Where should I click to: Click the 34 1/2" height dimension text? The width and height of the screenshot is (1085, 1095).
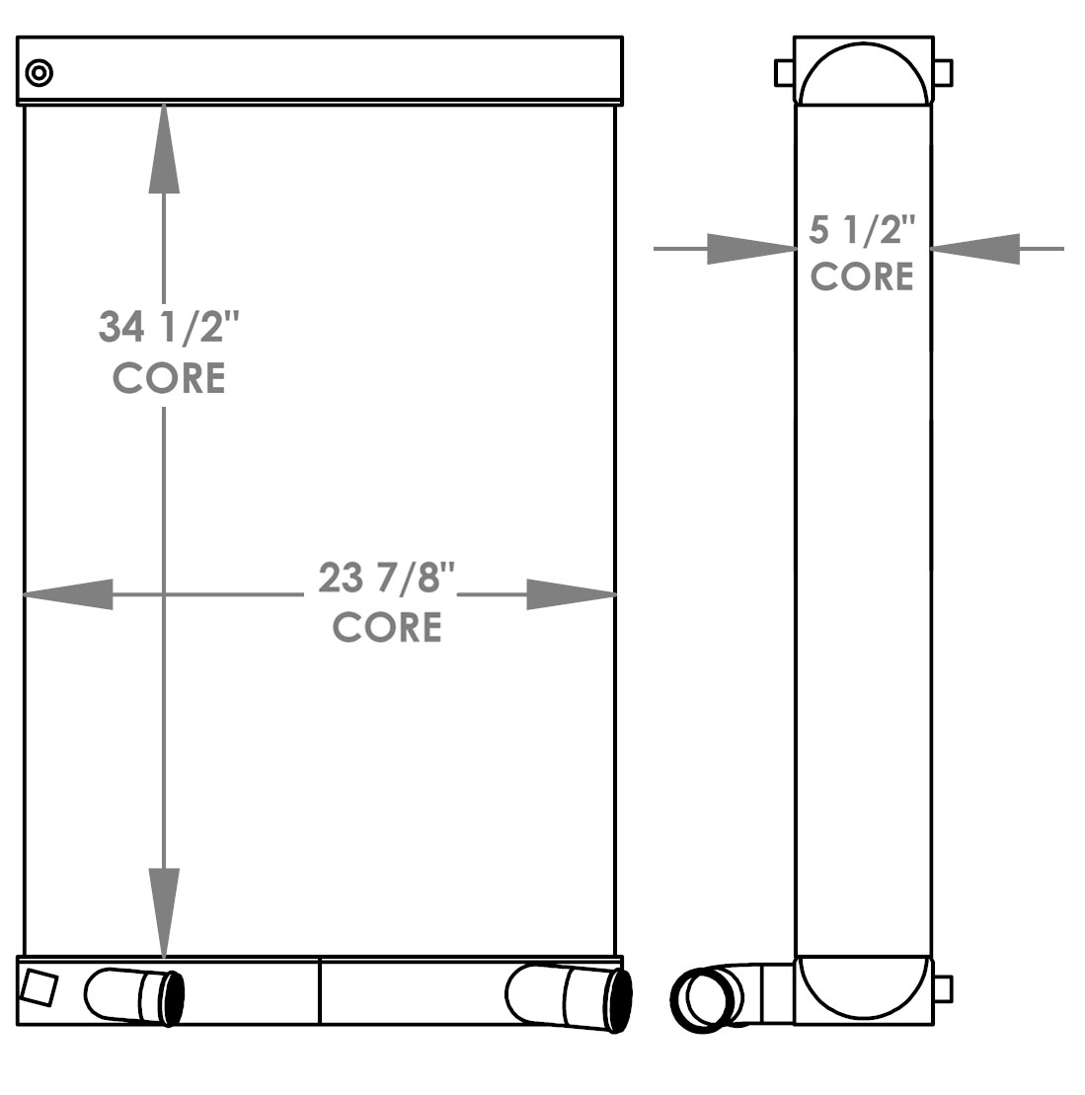[x=169, y=326]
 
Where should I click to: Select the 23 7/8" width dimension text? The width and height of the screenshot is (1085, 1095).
[x=386, y=578]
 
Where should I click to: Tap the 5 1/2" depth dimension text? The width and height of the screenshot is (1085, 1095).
[x=862, y=231]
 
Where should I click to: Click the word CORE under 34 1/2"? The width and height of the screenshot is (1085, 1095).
[x=169, y=377]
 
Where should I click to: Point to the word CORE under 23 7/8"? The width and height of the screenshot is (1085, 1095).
[x=386, y=627]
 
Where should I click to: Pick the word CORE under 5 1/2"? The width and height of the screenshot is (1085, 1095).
[x=862, y=276]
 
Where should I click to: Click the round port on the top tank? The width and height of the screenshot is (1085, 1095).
[x=39, y=72]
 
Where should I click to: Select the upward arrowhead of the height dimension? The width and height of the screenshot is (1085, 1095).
[x=164, y=148]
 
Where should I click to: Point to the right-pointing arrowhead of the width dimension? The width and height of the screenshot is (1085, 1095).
[x=571, y=594]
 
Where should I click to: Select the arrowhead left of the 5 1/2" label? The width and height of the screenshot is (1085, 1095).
[x=750, y=249]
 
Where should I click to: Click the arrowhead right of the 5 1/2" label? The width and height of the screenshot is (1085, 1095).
[x=975, y=249]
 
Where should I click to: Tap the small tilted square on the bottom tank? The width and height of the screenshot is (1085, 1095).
[x=39, y=988]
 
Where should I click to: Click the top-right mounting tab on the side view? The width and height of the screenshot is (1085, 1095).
[x=943, y=72]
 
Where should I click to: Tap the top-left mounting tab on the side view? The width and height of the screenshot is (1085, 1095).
[x=784, y=72]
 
